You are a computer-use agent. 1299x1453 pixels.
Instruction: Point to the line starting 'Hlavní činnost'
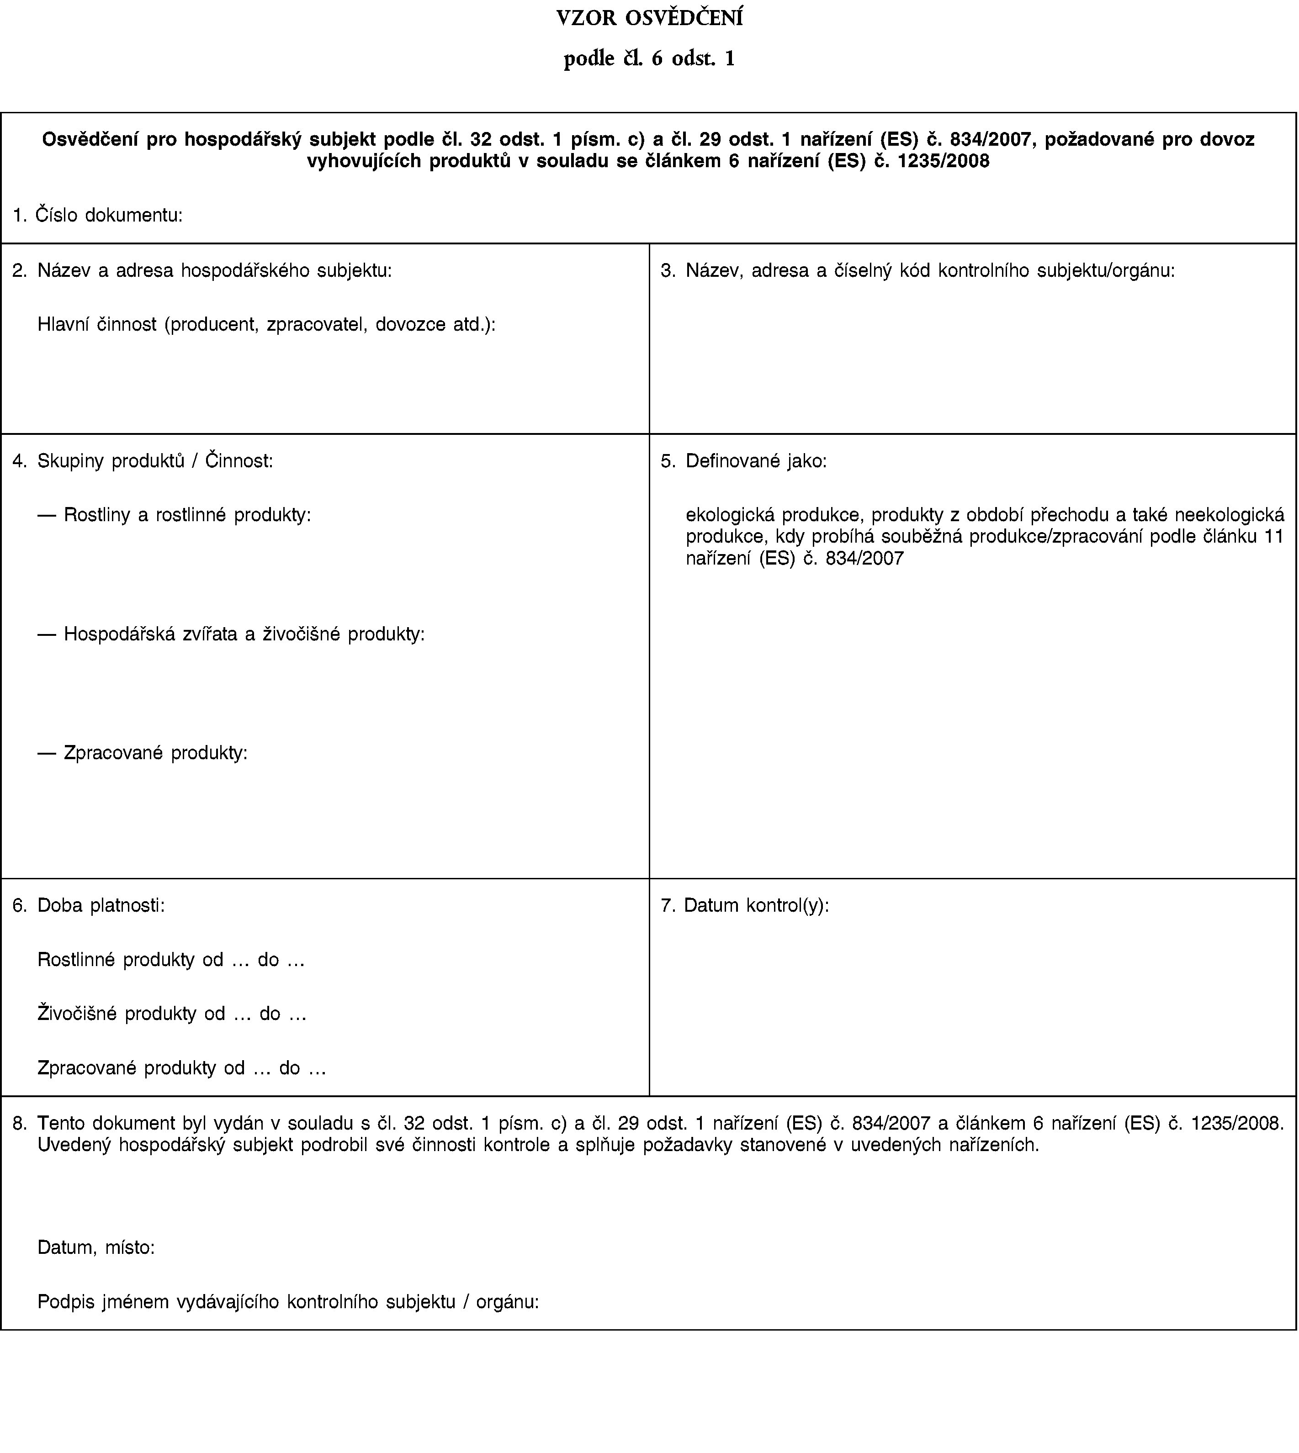(x=266, y=325)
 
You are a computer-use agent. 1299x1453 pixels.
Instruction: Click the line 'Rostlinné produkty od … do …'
(x=171, y=960)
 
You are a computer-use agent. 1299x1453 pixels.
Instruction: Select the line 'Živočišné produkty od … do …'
(x=172, y=1014)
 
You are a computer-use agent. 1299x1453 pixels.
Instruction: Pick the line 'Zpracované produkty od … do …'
(x=182, y=1068)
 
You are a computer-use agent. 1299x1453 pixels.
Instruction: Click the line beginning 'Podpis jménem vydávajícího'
(x=288, y=1302)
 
